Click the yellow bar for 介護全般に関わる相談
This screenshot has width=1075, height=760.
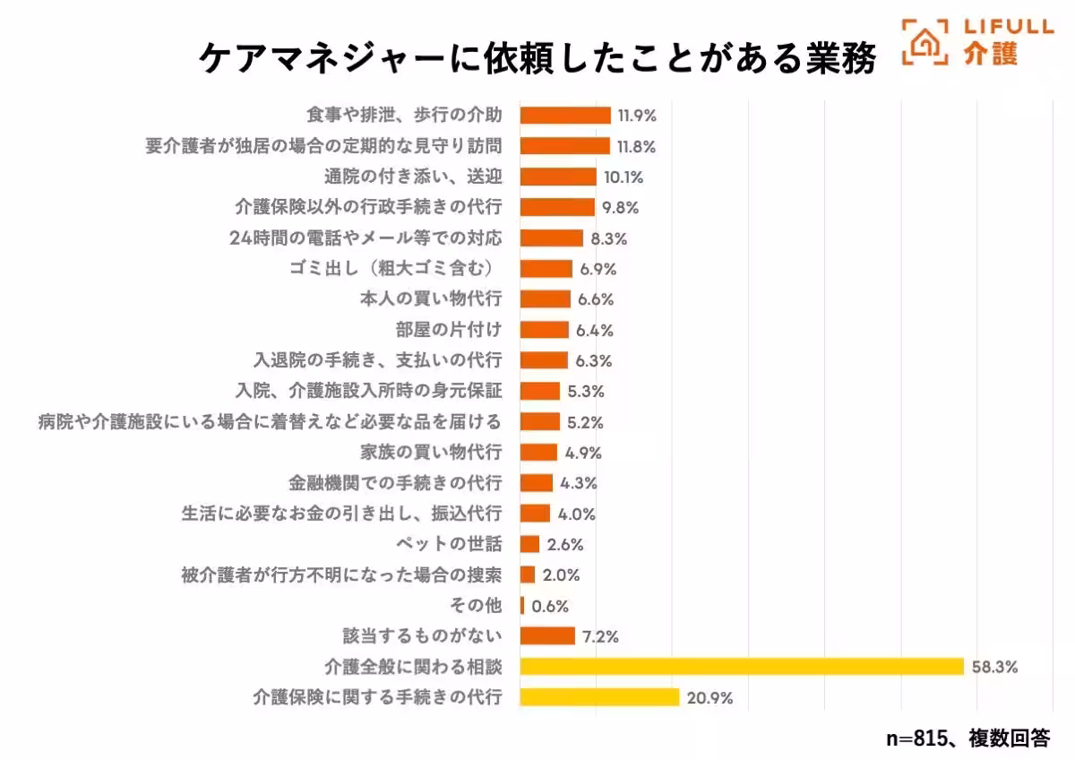click(742, 666)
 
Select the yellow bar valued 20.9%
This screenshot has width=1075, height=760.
click(599, 696)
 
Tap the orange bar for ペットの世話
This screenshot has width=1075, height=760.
click(529, 544)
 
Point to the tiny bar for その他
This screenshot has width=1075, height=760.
click(522, 605)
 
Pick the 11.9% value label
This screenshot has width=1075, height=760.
click(637, 116)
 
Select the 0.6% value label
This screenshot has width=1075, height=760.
click(550, 606)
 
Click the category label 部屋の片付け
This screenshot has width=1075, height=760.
click(449, 329)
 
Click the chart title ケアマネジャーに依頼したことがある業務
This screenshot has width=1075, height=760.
click(537, 58)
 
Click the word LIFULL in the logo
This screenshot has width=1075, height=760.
click(1008, 26)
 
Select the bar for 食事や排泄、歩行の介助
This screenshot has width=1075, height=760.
click(565, 116)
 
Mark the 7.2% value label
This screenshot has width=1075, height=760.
click(600, 636)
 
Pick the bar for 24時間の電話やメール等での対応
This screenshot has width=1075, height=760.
click(552, 237)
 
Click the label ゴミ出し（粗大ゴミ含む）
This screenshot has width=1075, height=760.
click(391, 268)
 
